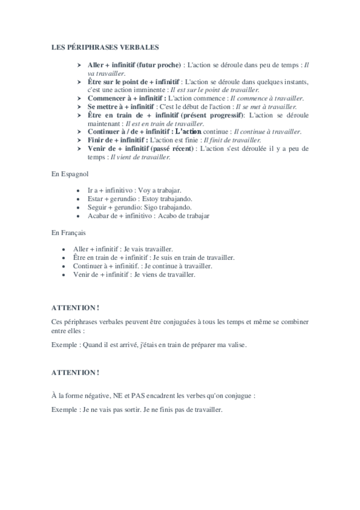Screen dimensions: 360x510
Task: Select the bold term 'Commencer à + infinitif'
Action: pyautogui.click(x=127, y=98)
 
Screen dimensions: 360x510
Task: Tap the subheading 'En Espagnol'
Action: pyautogui.click(x=70, y=173)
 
